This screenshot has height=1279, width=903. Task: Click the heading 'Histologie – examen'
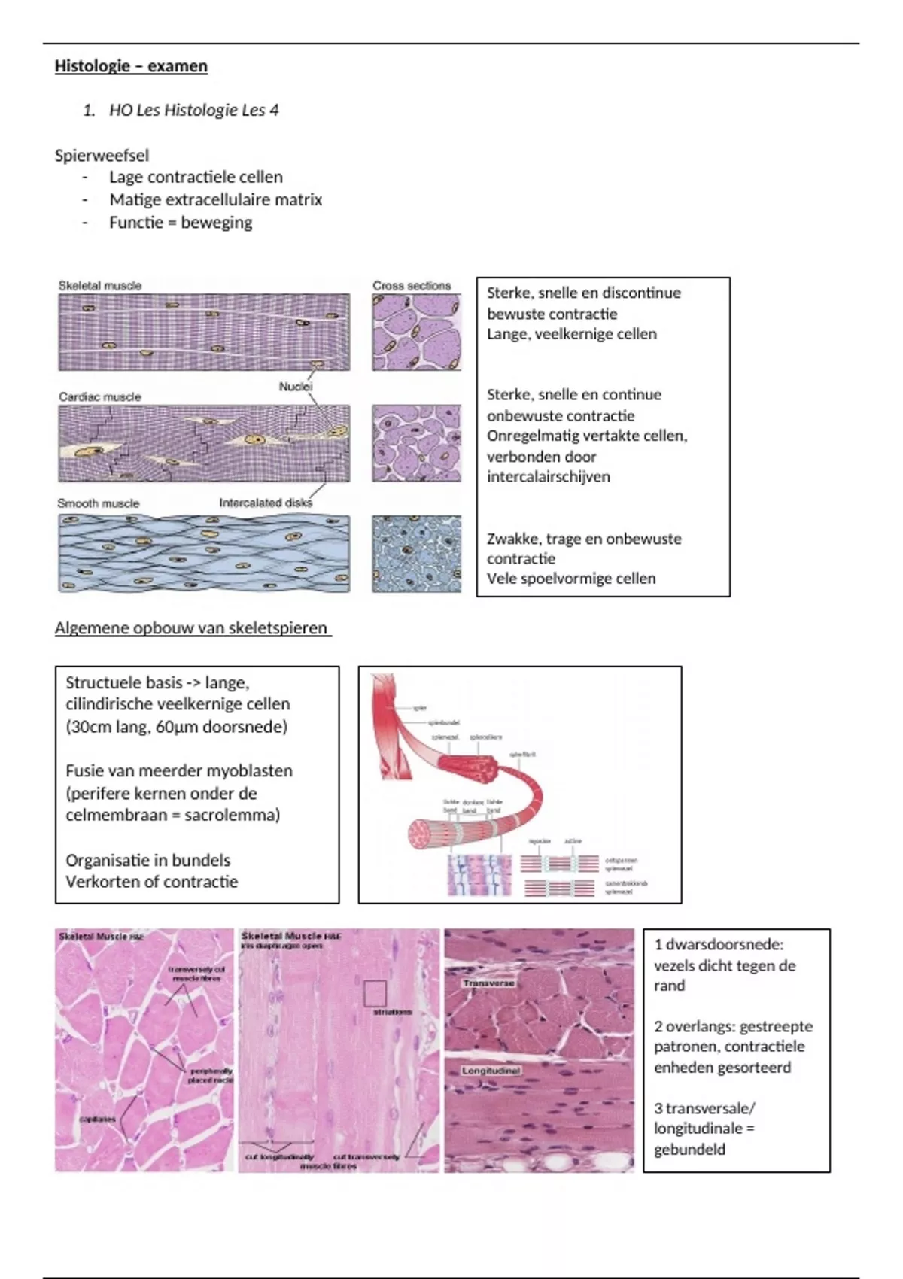coord(131,66)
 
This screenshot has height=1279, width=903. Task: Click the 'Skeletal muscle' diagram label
coord(100,286)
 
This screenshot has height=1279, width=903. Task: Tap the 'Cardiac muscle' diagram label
coord(100,396)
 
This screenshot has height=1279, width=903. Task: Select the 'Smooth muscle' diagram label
coord(99,503)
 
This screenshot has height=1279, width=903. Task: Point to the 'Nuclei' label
coord(295,387)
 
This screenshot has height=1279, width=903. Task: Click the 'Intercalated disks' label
coord(265,503)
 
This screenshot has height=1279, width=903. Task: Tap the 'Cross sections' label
coord(412,286)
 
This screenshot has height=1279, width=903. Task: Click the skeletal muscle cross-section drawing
coord(416,332)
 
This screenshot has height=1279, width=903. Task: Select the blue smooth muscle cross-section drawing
coord(416,554)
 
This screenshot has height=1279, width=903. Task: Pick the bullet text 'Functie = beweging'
coord(181,223)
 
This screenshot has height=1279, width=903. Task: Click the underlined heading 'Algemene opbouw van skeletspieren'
coord(191,628)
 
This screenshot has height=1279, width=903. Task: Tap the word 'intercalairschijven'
coord(548,477)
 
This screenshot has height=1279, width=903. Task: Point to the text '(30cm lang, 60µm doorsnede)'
coord(176,727)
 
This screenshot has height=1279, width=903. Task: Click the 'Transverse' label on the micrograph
coord(489,983)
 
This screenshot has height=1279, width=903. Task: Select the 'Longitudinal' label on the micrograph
coord(491,1071)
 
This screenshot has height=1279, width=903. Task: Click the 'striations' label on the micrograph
coord(393,1012)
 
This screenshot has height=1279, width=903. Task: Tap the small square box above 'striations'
coord(375,993)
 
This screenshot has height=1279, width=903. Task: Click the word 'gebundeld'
coord(689,1150)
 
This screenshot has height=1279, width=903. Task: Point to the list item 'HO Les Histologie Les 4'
coord(193,111)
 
